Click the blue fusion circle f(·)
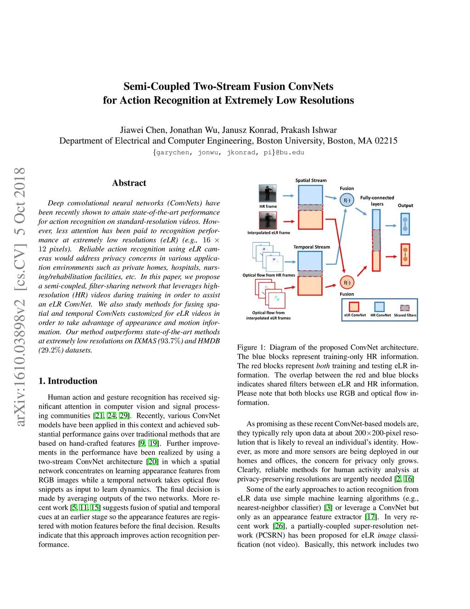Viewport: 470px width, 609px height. click(347, 200)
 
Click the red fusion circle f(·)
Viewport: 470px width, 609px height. click(347, 283)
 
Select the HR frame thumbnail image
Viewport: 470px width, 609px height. click(268, 194)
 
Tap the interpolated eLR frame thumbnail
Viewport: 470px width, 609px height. click(268, 221)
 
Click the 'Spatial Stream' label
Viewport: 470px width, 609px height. click(311, 181)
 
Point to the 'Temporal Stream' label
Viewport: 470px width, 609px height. click(312, 247)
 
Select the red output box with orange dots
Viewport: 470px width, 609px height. click(405, 255)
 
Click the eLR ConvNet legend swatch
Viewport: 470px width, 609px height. click(354, 307)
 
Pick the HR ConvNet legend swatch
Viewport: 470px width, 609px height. click(379, 307)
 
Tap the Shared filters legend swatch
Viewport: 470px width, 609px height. click(405, 307)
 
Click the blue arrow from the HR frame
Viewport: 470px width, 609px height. click(288, 196)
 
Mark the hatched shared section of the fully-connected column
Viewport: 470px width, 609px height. click(376, 240)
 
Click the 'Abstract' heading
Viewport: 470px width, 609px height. click(129, 183)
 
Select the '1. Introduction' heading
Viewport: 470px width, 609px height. click(68, 381)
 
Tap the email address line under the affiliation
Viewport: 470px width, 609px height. click(229, 153)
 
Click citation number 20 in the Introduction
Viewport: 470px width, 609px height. click(152, 462)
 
